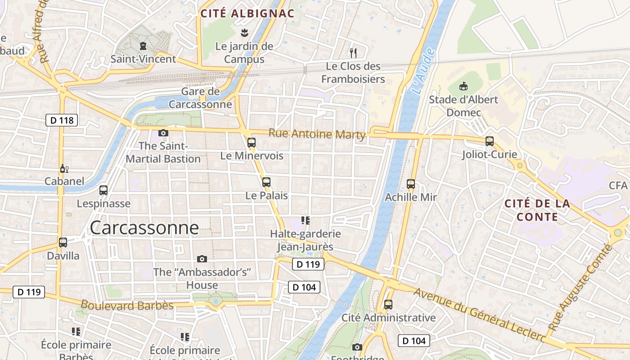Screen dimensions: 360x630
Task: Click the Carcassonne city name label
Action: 144,228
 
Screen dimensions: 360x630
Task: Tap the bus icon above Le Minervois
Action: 252,143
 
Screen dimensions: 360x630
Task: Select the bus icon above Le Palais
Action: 266,182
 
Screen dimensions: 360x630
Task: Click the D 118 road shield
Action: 62,120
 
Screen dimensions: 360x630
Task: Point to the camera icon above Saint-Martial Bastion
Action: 163,133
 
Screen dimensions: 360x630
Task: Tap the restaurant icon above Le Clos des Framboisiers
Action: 353,53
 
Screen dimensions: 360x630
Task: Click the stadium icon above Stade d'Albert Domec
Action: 463,85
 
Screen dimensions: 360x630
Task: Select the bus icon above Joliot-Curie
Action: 490,141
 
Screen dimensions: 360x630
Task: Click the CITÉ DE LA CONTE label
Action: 537,210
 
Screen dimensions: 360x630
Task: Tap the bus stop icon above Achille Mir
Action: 411,184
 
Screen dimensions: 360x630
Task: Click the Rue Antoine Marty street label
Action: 317,134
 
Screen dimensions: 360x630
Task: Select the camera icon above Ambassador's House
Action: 202,259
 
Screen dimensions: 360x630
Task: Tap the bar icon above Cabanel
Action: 64,169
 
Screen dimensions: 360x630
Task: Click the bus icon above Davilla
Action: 63,243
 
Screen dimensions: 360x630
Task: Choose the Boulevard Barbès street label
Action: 127,306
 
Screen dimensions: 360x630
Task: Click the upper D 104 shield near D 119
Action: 304,287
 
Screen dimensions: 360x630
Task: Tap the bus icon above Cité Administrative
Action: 388,305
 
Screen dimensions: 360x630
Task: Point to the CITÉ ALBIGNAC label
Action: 247,13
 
